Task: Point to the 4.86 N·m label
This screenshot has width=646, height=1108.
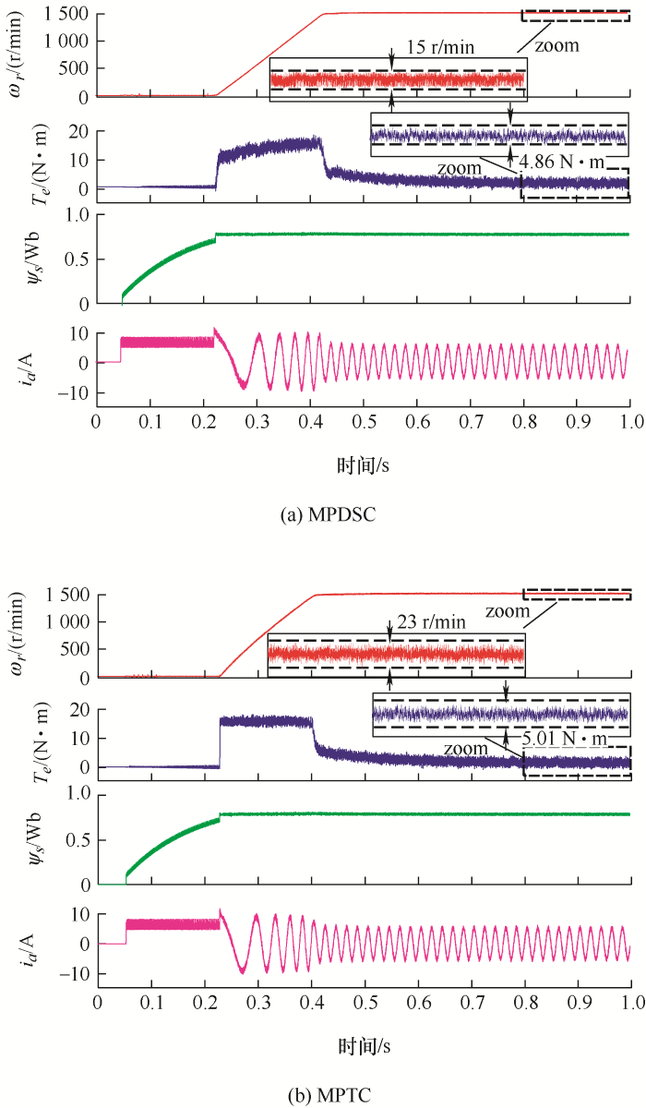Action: click(562, 163)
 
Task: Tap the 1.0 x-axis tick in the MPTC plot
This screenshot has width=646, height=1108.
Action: click(631, 1003)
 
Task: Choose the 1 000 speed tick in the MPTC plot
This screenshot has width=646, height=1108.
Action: click(65, 622)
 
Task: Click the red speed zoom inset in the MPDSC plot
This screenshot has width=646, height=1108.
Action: click(398, 80)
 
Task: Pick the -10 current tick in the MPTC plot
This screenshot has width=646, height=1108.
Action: click(73, 973)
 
